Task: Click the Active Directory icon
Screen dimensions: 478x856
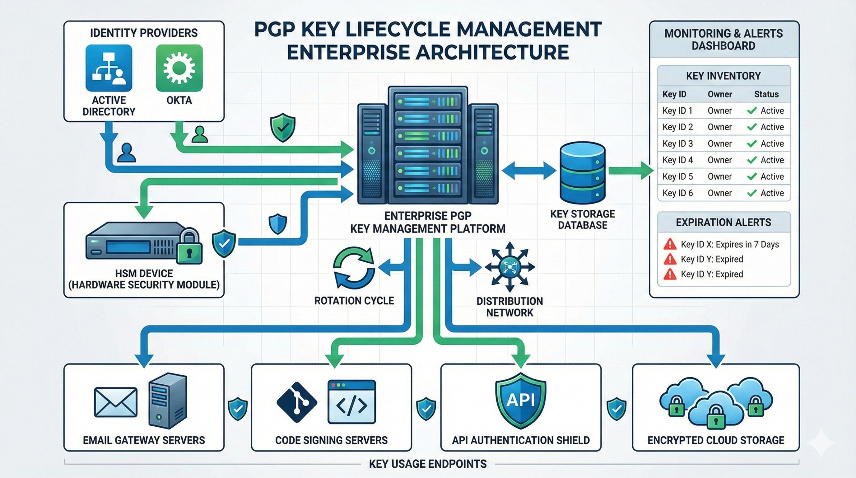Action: coord(109,68)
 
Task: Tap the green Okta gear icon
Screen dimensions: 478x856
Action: coord(179,68)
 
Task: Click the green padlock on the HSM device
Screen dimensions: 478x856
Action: coord(189,247)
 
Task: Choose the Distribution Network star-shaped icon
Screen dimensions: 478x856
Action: coord(510,267)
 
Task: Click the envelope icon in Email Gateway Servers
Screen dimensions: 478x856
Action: coord(116,402)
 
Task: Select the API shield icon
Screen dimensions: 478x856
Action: coord(520,401)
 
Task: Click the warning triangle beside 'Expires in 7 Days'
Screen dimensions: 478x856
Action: coord(670,244)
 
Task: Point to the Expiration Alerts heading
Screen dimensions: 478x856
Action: coord(723,222)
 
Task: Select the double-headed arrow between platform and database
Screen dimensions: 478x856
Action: coord(529,171)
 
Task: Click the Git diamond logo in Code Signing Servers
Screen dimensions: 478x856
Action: coord(297,402)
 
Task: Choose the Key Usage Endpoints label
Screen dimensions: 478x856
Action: coord(427,464)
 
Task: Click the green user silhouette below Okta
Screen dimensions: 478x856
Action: coord(200,134)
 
